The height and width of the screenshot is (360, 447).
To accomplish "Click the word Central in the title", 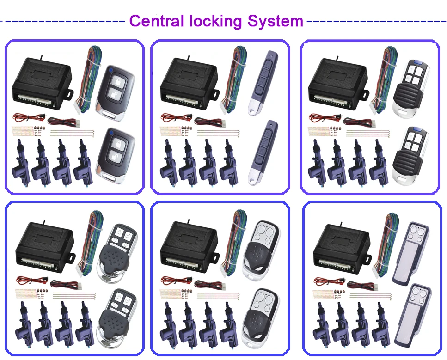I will point(157,21).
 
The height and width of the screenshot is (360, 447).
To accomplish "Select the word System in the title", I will point(275,21).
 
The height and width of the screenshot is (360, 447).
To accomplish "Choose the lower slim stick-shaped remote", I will point(262,152).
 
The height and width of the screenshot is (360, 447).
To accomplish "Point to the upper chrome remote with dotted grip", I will point(116,252).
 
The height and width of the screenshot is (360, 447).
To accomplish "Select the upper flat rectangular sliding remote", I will point(412,251).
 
